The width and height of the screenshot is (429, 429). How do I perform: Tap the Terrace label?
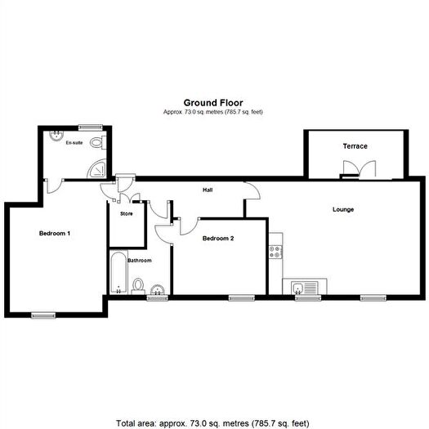[x=355, y=146]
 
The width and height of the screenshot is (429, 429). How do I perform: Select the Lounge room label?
[x=342, y=210]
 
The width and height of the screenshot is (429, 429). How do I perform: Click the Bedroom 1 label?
[x=55, y=234]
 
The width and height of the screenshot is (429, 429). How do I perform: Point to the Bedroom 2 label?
[x=218, y=239]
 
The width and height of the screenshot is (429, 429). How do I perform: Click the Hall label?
[x=208, y=190]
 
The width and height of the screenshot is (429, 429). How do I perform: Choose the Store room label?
[x=126, y=214]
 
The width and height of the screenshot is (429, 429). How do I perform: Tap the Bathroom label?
[x=140, y=261]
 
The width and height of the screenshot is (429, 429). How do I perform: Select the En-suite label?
[x=75, y=143]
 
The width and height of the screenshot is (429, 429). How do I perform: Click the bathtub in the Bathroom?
[x=116, y=273]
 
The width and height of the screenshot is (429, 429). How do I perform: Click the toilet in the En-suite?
[x=98, y=144]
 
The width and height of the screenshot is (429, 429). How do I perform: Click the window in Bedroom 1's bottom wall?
[x=43, y=315]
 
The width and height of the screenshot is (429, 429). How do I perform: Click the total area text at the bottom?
[x=214, y=423]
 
